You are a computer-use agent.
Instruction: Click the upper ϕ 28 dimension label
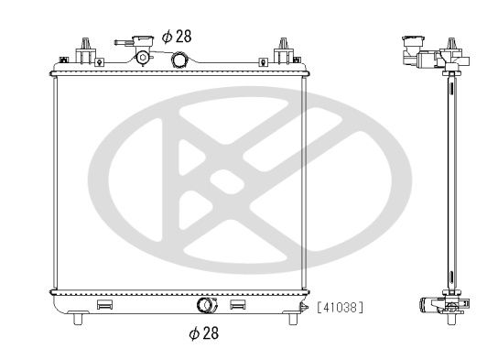pos(177,37)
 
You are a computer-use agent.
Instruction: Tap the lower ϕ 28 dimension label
pos(204,333)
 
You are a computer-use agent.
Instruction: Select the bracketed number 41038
pos(340,307)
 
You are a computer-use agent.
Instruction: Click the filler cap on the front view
pos(143,40)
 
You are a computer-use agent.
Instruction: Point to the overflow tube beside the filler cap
pos(124,42)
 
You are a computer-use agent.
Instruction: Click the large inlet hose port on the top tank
pos(179,60)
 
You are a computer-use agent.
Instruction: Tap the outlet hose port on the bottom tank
pos(207,305)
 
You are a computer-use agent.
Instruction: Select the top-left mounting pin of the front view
pos(85,50)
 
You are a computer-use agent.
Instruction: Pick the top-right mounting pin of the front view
pos(283,50)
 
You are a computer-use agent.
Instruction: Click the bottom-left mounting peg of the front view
pos(78,319)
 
